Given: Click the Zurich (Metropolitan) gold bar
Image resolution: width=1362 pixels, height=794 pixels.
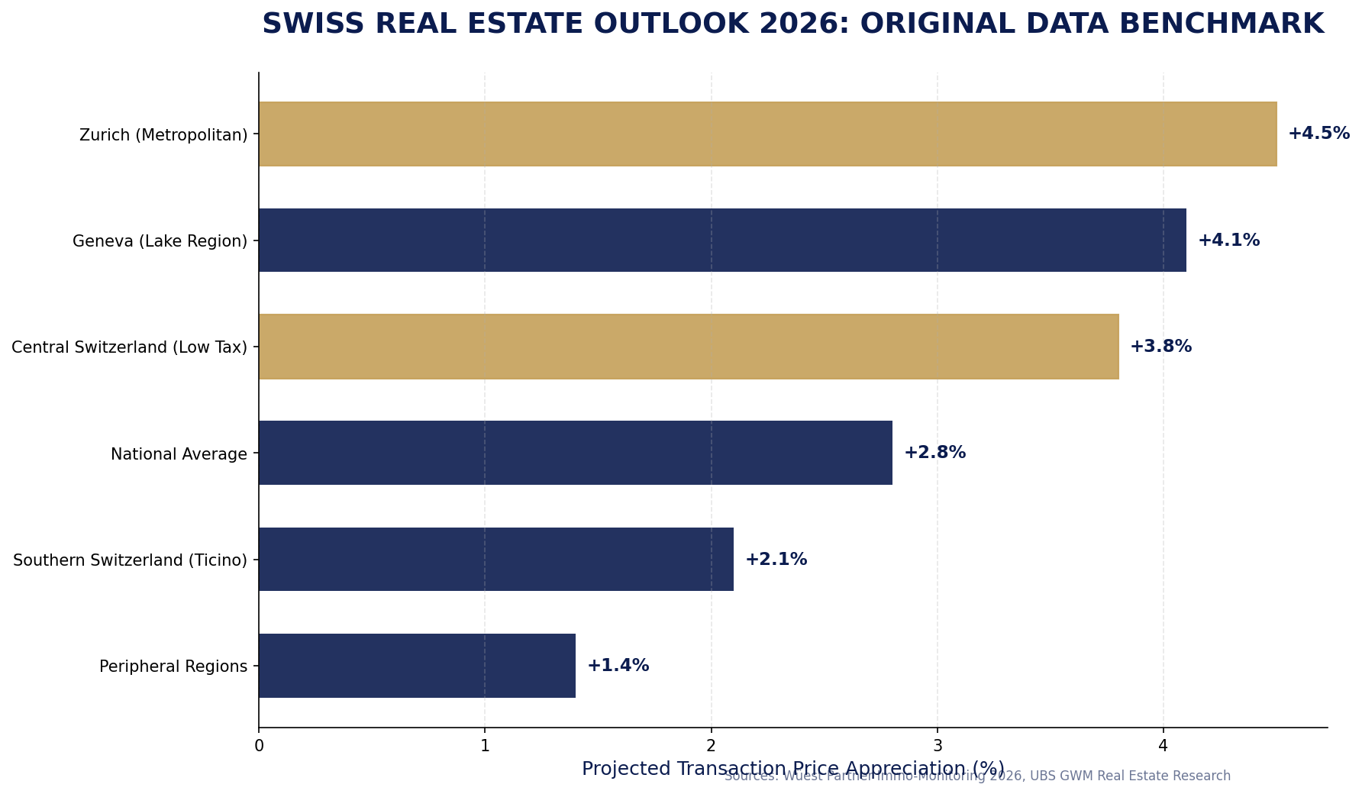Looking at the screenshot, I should [x=767, y=134].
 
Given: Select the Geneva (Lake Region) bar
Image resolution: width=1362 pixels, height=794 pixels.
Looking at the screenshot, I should [x=722, y=240].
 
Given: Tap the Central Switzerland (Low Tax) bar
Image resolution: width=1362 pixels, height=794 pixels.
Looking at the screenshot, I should [x=689, y=347].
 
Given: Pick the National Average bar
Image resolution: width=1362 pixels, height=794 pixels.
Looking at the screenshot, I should [x=576, y=453].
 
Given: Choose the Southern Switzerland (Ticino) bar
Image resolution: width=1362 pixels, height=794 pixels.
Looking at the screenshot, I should [x=496, y=559].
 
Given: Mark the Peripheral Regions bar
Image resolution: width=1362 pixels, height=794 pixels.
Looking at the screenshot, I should [x=417, y=666].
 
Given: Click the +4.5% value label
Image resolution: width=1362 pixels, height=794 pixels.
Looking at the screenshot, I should [x=1318, y=134].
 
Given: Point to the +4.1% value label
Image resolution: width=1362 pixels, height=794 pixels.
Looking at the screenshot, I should [x=1228, y=240].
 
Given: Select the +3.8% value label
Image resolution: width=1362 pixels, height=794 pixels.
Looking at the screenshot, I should [x=1160, y=347].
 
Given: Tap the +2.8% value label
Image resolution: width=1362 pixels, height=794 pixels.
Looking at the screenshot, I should [x=934, y=453].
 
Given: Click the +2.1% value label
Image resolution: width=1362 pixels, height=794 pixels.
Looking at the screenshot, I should [x=776, y=560].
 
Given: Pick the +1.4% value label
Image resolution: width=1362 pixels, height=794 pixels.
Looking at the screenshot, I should [x=618, y=666].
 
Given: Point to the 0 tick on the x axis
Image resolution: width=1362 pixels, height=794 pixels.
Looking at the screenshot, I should [x=259, y=745].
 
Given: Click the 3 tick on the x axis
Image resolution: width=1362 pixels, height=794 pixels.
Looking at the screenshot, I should [x=938, y=745].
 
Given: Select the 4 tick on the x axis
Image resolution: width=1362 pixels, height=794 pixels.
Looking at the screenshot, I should [x=1164, y=745].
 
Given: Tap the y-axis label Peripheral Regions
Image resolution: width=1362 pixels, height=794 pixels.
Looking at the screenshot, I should [x=173, y=667].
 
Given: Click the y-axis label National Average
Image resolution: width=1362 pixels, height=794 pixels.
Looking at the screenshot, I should [x=179, y=454].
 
